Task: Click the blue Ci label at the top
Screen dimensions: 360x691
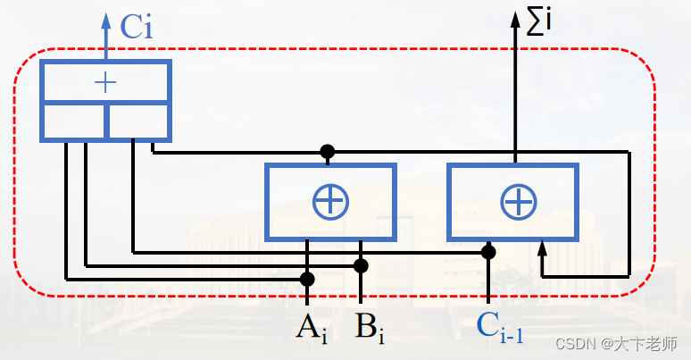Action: tap(137, 26)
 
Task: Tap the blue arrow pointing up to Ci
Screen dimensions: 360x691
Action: tap(106, 22)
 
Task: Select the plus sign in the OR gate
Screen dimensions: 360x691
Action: tap(105, 83)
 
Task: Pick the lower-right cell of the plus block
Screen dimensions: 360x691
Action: tap(137, 121)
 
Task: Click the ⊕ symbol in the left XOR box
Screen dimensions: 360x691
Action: tap(329, 202)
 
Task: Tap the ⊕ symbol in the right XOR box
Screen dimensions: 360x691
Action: tap(517, 202)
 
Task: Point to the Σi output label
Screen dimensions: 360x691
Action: tap(539, 21)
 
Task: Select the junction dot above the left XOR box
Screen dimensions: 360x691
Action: tap(328, 152)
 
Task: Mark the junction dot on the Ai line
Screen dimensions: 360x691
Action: tap(307, 279)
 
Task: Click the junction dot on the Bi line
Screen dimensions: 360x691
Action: tap(361, 265)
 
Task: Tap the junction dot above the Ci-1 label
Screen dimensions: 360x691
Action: tap(488, 252)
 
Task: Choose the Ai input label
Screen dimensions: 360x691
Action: tap(312, 328)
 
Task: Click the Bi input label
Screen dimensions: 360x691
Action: tap(369, 328)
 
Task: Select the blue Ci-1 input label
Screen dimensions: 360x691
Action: tap(500, 326)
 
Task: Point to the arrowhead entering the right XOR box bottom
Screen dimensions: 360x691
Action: tap(541, 247)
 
